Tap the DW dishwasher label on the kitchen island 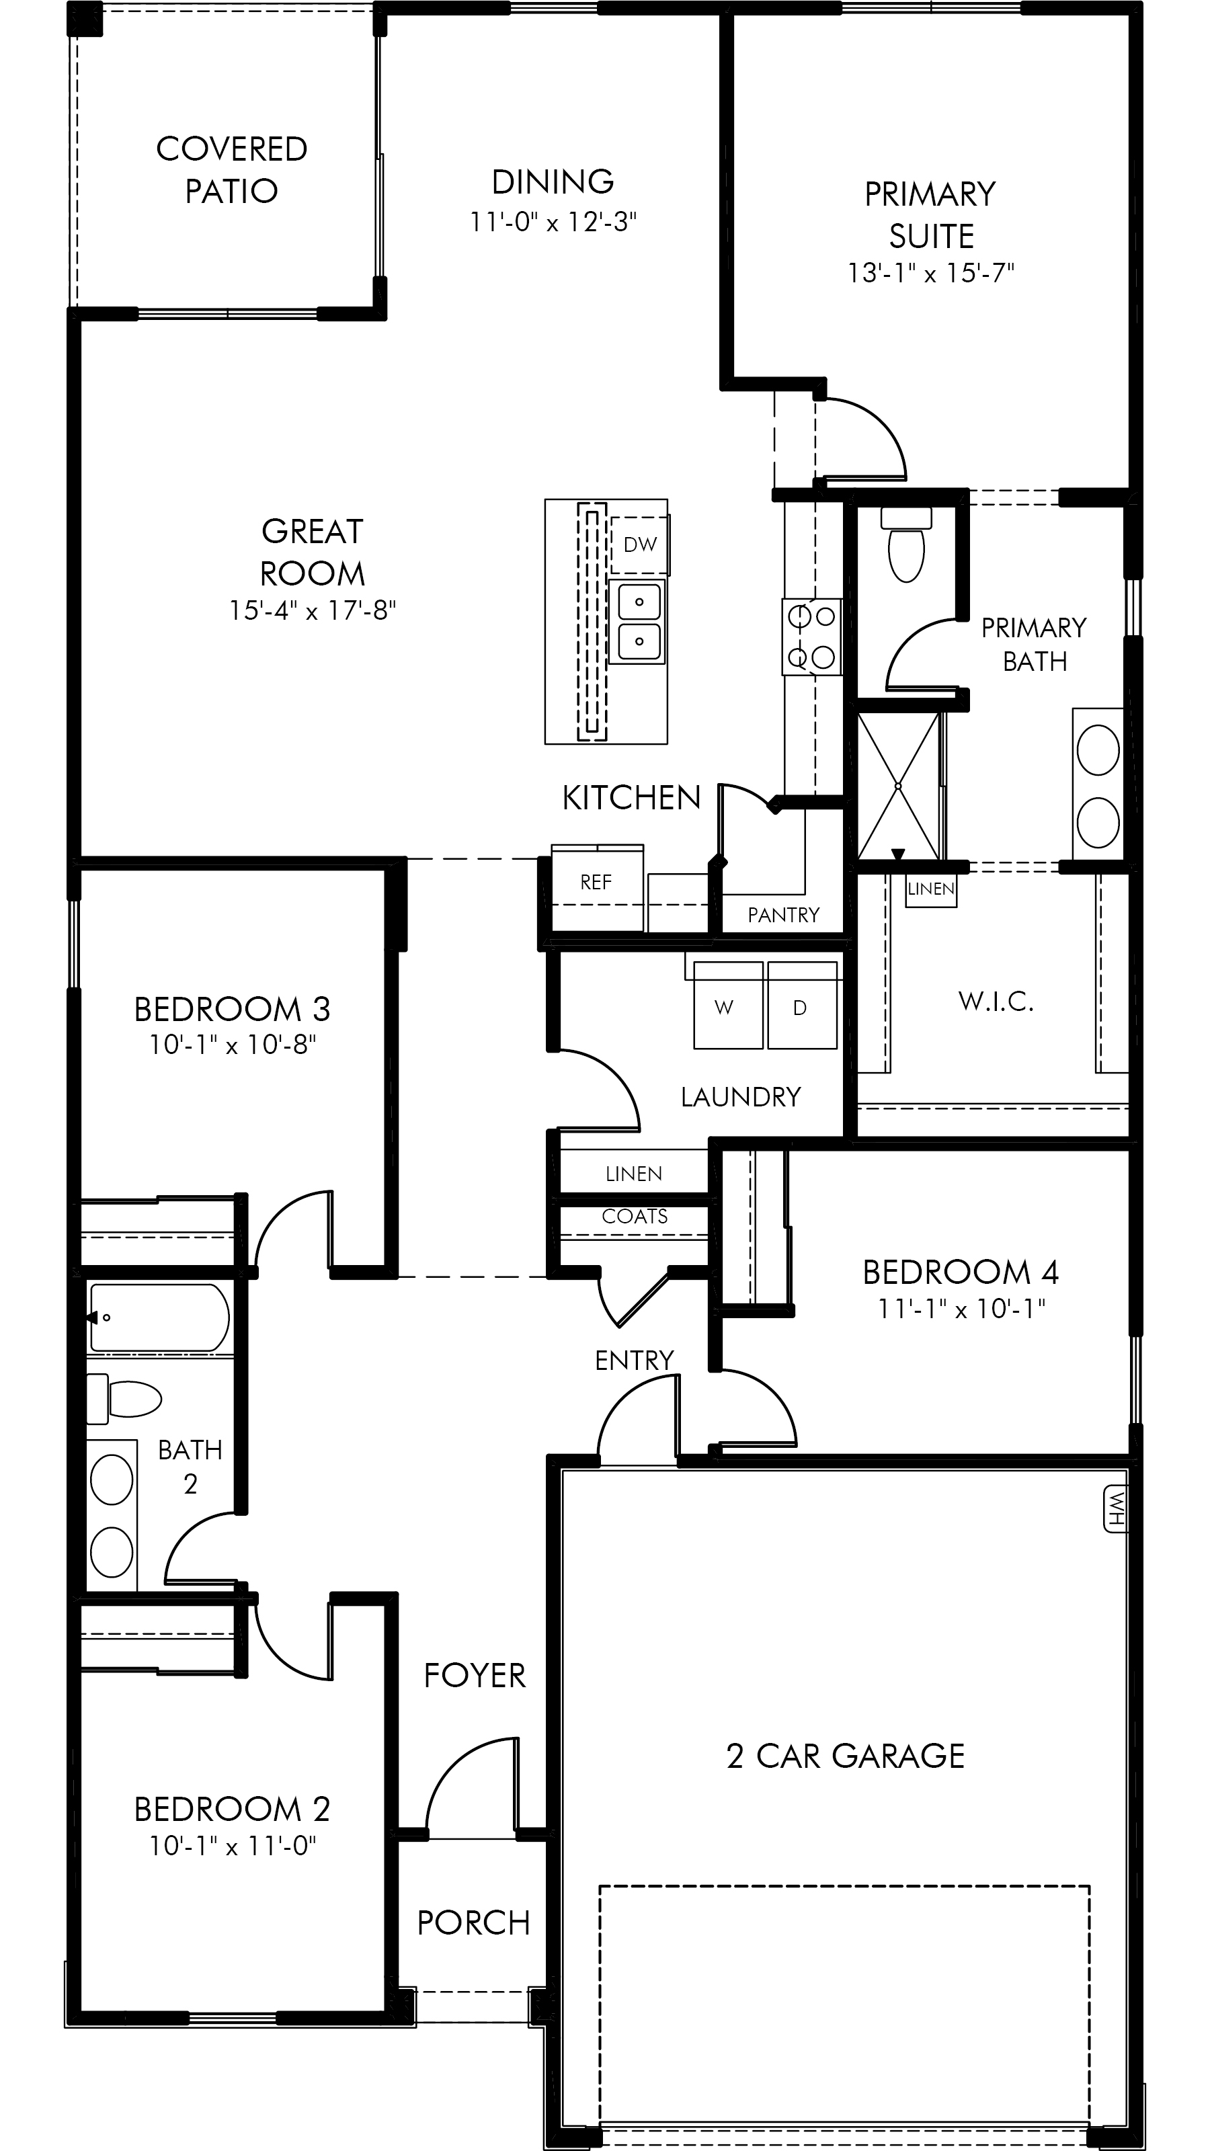(x=640, y=544)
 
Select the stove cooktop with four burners (x=811, y=637)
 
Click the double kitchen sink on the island (x=639, y=621)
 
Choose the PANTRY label (x=783, y=915)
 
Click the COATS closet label (x=635, y=1216)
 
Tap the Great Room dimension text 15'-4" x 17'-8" (x=313, y=610)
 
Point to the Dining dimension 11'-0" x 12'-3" (x=553, y=222)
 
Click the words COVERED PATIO (x=231, y=169)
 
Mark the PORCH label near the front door (x=473, y=1923)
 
